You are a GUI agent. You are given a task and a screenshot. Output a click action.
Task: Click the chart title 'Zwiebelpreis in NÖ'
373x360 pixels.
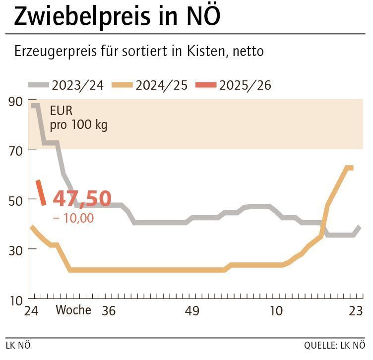[x=117, y=16]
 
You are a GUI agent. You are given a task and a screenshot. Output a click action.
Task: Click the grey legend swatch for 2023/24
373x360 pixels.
[x=38, y=85]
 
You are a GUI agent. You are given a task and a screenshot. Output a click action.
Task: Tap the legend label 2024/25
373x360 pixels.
[x=162, y=85]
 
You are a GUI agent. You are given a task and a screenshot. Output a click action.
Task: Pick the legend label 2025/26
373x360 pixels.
[x=246, y=85]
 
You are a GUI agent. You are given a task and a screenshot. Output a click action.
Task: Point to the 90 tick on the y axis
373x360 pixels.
[x=15, y=102]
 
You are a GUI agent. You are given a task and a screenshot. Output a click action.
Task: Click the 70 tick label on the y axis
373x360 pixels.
[x=15, y=150]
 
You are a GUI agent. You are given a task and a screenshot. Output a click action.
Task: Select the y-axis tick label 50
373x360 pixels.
[x=15, y=200]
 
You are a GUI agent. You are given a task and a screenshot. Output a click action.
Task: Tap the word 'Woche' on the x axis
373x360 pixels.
[x=73, y=310]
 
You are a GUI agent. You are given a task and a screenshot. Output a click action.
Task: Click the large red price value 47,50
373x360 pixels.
[x=82, y=198]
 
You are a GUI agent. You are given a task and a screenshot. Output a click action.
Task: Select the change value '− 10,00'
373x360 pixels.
[x=73, y=218]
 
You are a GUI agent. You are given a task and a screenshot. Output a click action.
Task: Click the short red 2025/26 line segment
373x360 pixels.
[x=41, y=192]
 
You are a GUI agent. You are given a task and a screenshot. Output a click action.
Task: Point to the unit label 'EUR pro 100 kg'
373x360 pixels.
[x=78, y=118]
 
